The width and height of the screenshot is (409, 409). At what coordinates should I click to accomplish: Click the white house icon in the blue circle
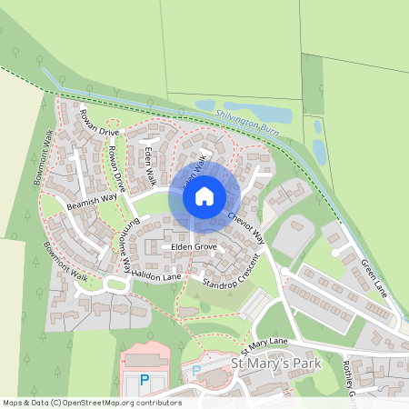(x=204, y=195)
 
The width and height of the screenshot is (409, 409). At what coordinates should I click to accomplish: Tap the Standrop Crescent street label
(x=231, y=272)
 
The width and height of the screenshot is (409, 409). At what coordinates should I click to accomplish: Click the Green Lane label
(x=374, y=277)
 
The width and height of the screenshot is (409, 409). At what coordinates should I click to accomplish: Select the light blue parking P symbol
(x=195, y=371)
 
